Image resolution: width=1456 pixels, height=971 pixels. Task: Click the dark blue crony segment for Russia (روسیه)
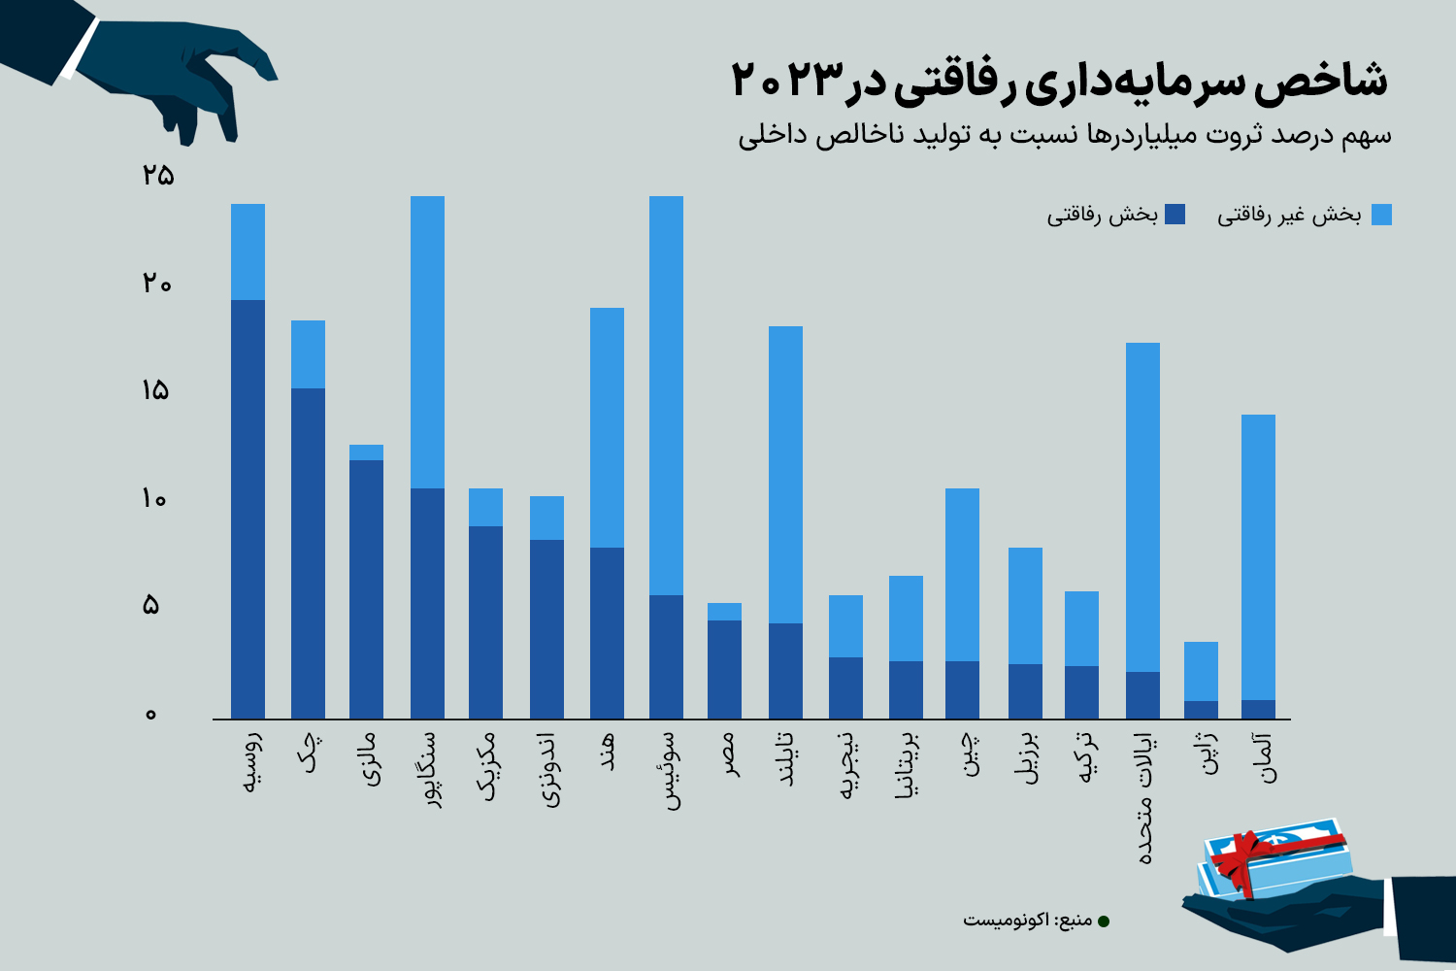pos(248,510)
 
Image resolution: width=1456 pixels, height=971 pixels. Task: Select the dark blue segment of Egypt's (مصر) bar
pos(724,669)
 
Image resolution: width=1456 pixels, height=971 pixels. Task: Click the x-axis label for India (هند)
pos(608,753)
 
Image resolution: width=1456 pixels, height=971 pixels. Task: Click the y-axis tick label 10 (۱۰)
pos(154,499)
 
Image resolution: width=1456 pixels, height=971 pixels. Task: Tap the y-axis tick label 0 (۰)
pos(150,715)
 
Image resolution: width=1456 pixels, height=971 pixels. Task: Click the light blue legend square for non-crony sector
pos(1381,215)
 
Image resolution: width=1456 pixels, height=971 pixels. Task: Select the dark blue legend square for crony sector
pos(1175,215)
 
